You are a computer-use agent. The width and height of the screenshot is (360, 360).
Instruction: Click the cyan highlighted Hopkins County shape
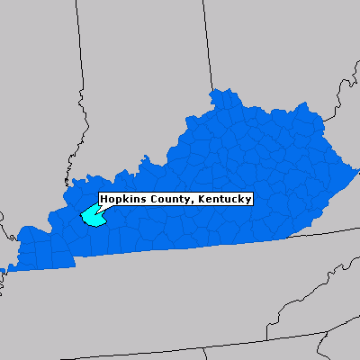91,216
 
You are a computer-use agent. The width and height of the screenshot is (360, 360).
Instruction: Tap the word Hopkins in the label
122,199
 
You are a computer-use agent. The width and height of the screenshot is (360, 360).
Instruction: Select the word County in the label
167,199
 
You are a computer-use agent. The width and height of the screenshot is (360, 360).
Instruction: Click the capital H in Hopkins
104,199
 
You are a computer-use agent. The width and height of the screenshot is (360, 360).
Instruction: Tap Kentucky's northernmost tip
215,90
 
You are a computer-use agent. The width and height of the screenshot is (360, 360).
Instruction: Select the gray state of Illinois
36,108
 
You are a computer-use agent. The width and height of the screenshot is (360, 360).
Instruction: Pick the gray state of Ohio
270,54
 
